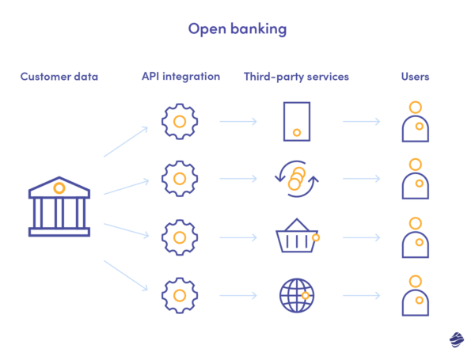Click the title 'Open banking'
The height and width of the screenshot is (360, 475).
coord(237,28)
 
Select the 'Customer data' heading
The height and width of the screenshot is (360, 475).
coord(59,77)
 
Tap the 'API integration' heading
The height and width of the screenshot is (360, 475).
coord(180,77)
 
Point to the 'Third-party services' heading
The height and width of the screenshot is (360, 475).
coord(296,77)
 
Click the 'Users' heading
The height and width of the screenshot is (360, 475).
coord(415,77)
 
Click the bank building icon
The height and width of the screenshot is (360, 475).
coord(59,207)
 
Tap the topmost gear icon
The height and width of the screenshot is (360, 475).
coord(180,122)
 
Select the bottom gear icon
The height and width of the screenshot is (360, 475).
coord(180,296)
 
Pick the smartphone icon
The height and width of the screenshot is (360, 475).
coord(296,122)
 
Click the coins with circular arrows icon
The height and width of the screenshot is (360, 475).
coord(296,180)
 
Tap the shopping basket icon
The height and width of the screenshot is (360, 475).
coord(296,237)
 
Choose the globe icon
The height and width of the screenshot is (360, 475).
coord(297,296)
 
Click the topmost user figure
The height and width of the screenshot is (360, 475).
coord(416,121)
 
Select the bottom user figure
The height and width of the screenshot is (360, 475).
coord(416,295)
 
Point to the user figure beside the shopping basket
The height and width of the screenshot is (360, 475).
coord(416,237)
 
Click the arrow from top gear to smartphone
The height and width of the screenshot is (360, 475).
coord(238,122)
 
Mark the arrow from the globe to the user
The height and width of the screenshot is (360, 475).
coord(361,296)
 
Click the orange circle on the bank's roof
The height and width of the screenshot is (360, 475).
coord(59,188)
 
